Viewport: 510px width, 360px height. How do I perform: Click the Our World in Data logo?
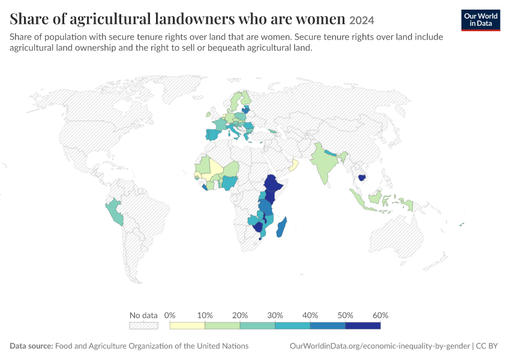pyautogui.click(x=481, y=20)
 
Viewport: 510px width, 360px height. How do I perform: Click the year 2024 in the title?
pyautogui.click(x=361, y=20)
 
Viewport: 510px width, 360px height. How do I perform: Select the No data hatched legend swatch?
pyautogui.click(x=143, y=326)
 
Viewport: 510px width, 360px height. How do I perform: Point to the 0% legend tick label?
pyautogui.click(x=170, y=315)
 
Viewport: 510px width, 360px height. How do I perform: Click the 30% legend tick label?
pyautogui.click(x=275, y=315)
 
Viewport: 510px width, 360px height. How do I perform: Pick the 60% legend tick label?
pyautogui.click(x=380, y=315)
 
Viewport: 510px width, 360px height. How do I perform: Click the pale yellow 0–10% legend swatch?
pyautogui.click(x=187, y=326)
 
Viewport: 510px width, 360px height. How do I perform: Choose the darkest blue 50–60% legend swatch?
pyautogui.click(x=362, y=326)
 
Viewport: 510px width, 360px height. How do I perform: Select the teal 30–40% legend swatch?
pyautogui.click(x=292, y=326)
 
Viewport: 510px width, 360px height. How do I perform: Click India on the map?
pyautogui.click(x=325, y=163)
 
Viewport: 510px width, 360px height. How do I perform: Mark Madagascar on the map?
pyautogui.click(x=281, y=227)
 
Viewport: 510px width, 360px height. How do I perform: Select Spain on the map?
pyautogui.click(x=215, y=134)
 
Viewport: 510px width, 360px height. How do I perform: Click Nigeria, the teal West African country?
pyautogui.click(x=230, y=183)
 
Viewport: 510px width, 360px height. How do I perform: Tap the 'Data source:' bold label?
pyautogui.click(x=31, y=346)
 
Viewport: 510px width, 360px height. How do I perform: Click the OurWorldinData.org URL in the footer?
pyautogui.click(x=380, y=346)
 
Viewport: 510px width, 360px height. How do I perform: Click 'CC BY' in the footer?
pyautogui.click(x=487, y=346)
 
